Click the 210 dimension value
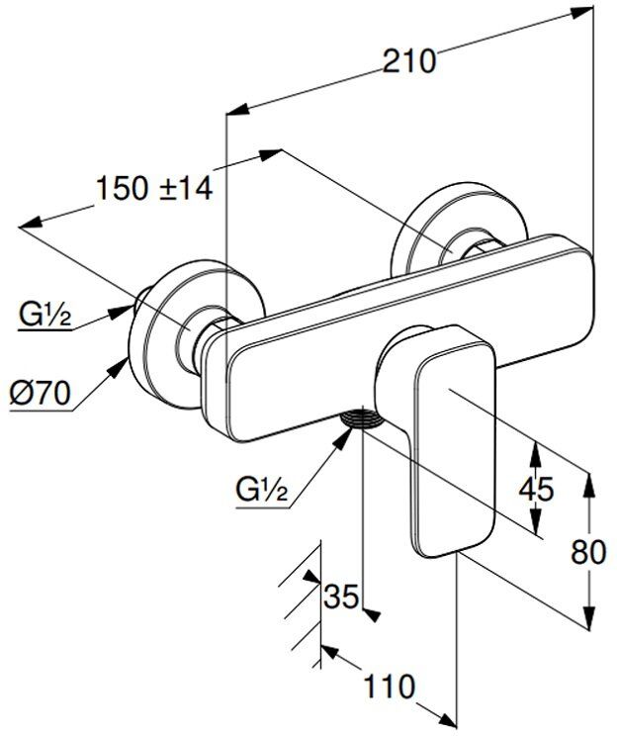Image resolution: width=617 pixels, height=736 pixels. pos(407,60)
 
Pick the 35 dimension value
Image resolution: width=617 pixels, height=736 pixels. pos(341,598)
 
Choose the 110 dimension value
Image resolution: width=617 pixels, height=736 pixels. pos(386,686)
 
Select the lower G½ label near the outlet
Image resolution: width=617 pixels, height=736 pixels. pos(262,489)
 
